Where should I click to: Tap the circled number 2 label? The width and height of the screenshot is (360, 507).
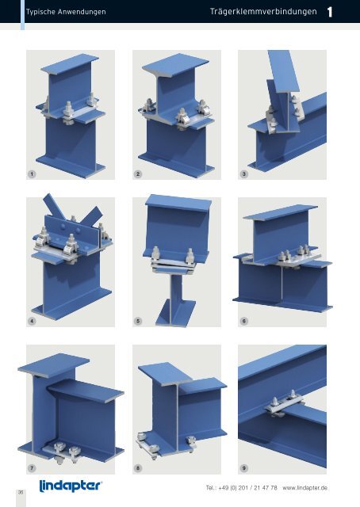pos(140,173)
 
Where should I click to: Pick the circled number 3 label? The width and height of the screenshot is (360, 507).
pos(245,173)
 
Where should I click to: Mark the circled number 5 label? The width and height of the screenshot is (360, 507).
pos(140,322)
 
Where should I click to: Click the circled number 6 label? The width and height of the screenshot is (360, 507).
pos(245,322)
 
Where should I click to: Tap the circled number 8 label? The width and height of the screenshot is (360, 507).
pos(140,468)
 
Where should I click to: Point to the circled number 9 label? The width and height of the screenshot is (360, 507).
pos(245,468)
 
